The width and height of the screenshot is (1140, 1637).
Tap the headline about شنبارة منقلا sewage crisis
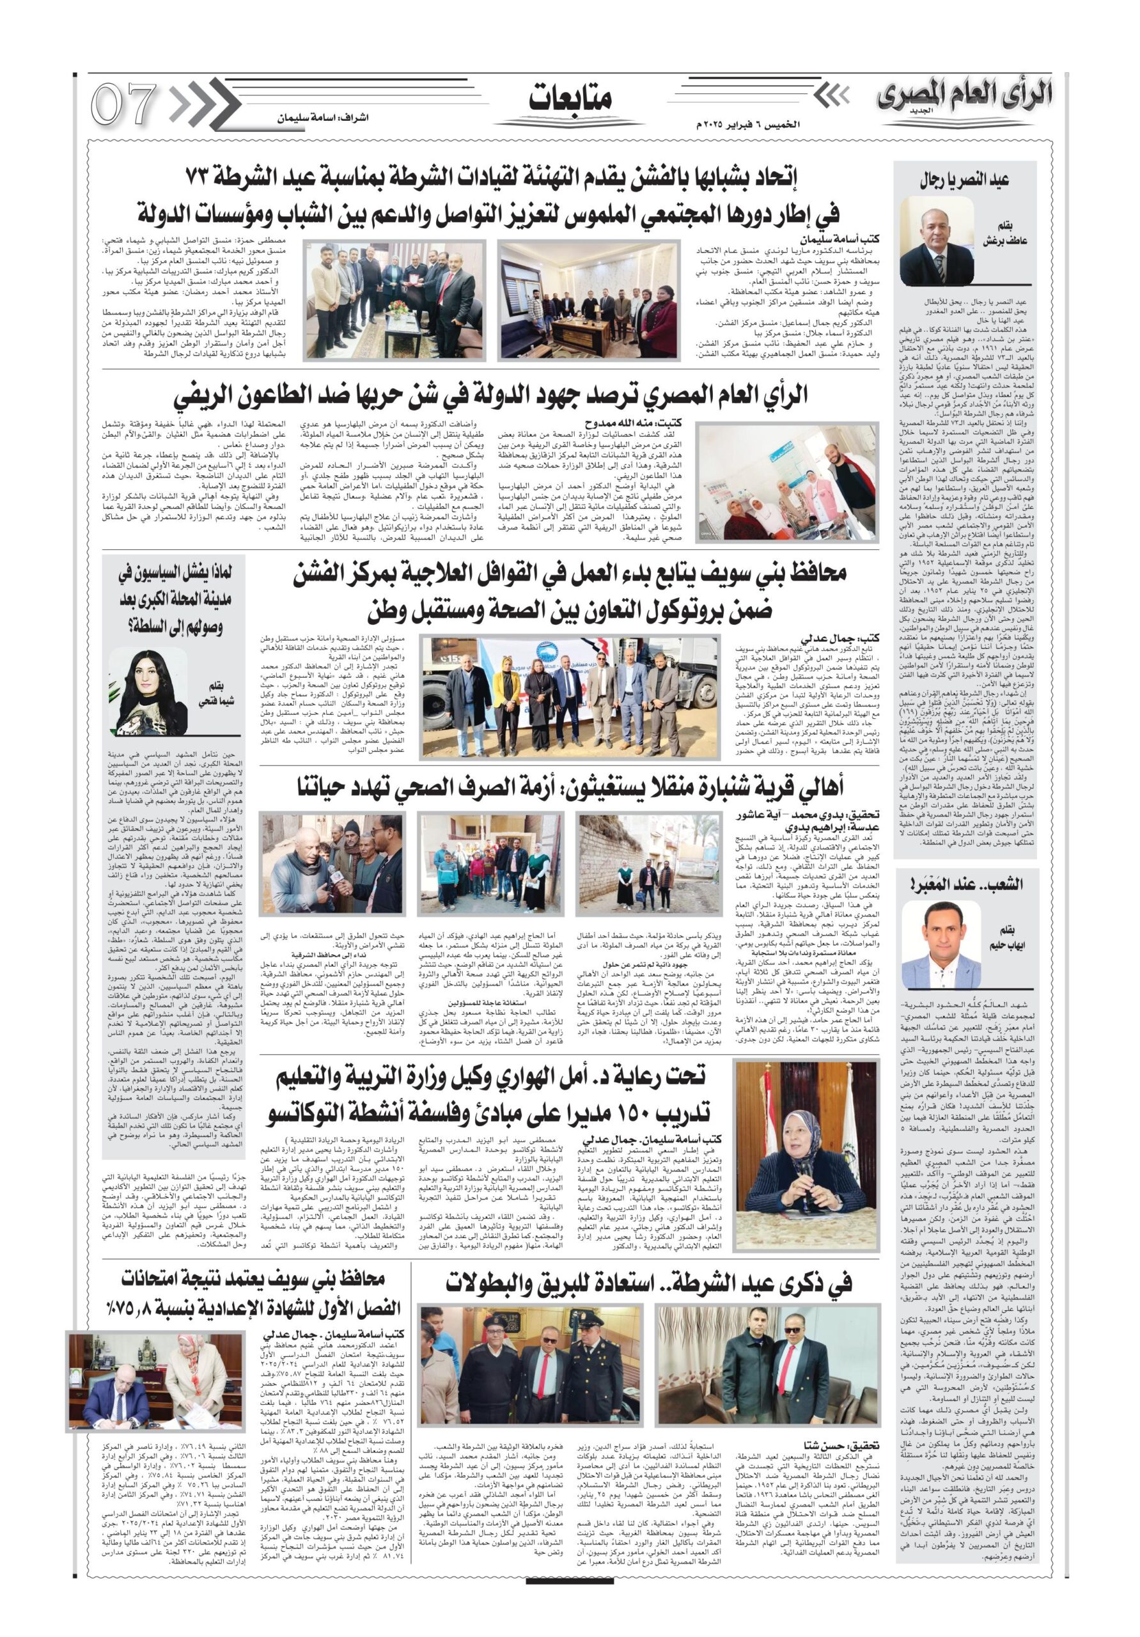pyautogui.click(x=570, y=788)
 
